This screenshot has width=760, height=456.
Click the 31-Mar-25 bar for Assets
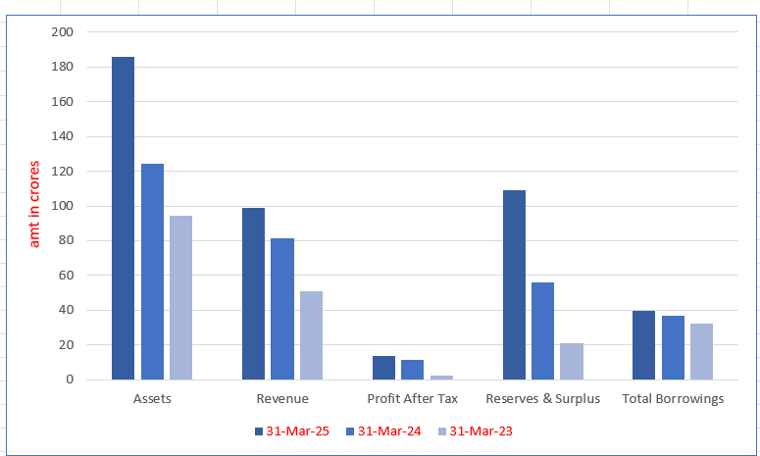123,218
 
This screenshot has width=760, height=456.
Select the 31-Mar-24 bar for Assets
152,272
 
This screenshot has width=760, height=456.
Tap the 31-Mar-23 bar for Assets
180,297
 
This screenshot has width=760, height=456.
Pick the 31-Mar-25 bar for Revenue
253,293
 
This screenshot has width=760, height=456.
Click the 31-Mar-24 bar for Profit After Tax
413,370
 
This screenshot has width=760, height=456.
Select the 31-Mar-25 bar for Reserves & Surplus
514,284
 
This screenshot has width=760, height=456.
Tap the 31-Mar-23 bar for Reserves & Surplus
572,361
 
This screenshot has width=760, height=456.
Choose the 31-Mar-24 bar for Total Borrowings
674,347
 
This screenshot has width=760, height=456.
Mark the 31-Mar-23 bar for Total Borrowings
702,351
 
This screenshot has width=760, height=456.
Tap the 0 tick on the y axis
68,380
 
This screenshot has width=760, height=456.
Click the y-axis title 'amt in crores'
35,203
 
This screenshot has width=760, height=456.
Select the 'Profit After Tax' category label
413,399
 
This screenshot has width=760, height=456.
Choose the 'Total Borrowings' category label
673,399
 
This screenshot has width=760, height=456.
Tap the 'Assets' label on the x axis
152,399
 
